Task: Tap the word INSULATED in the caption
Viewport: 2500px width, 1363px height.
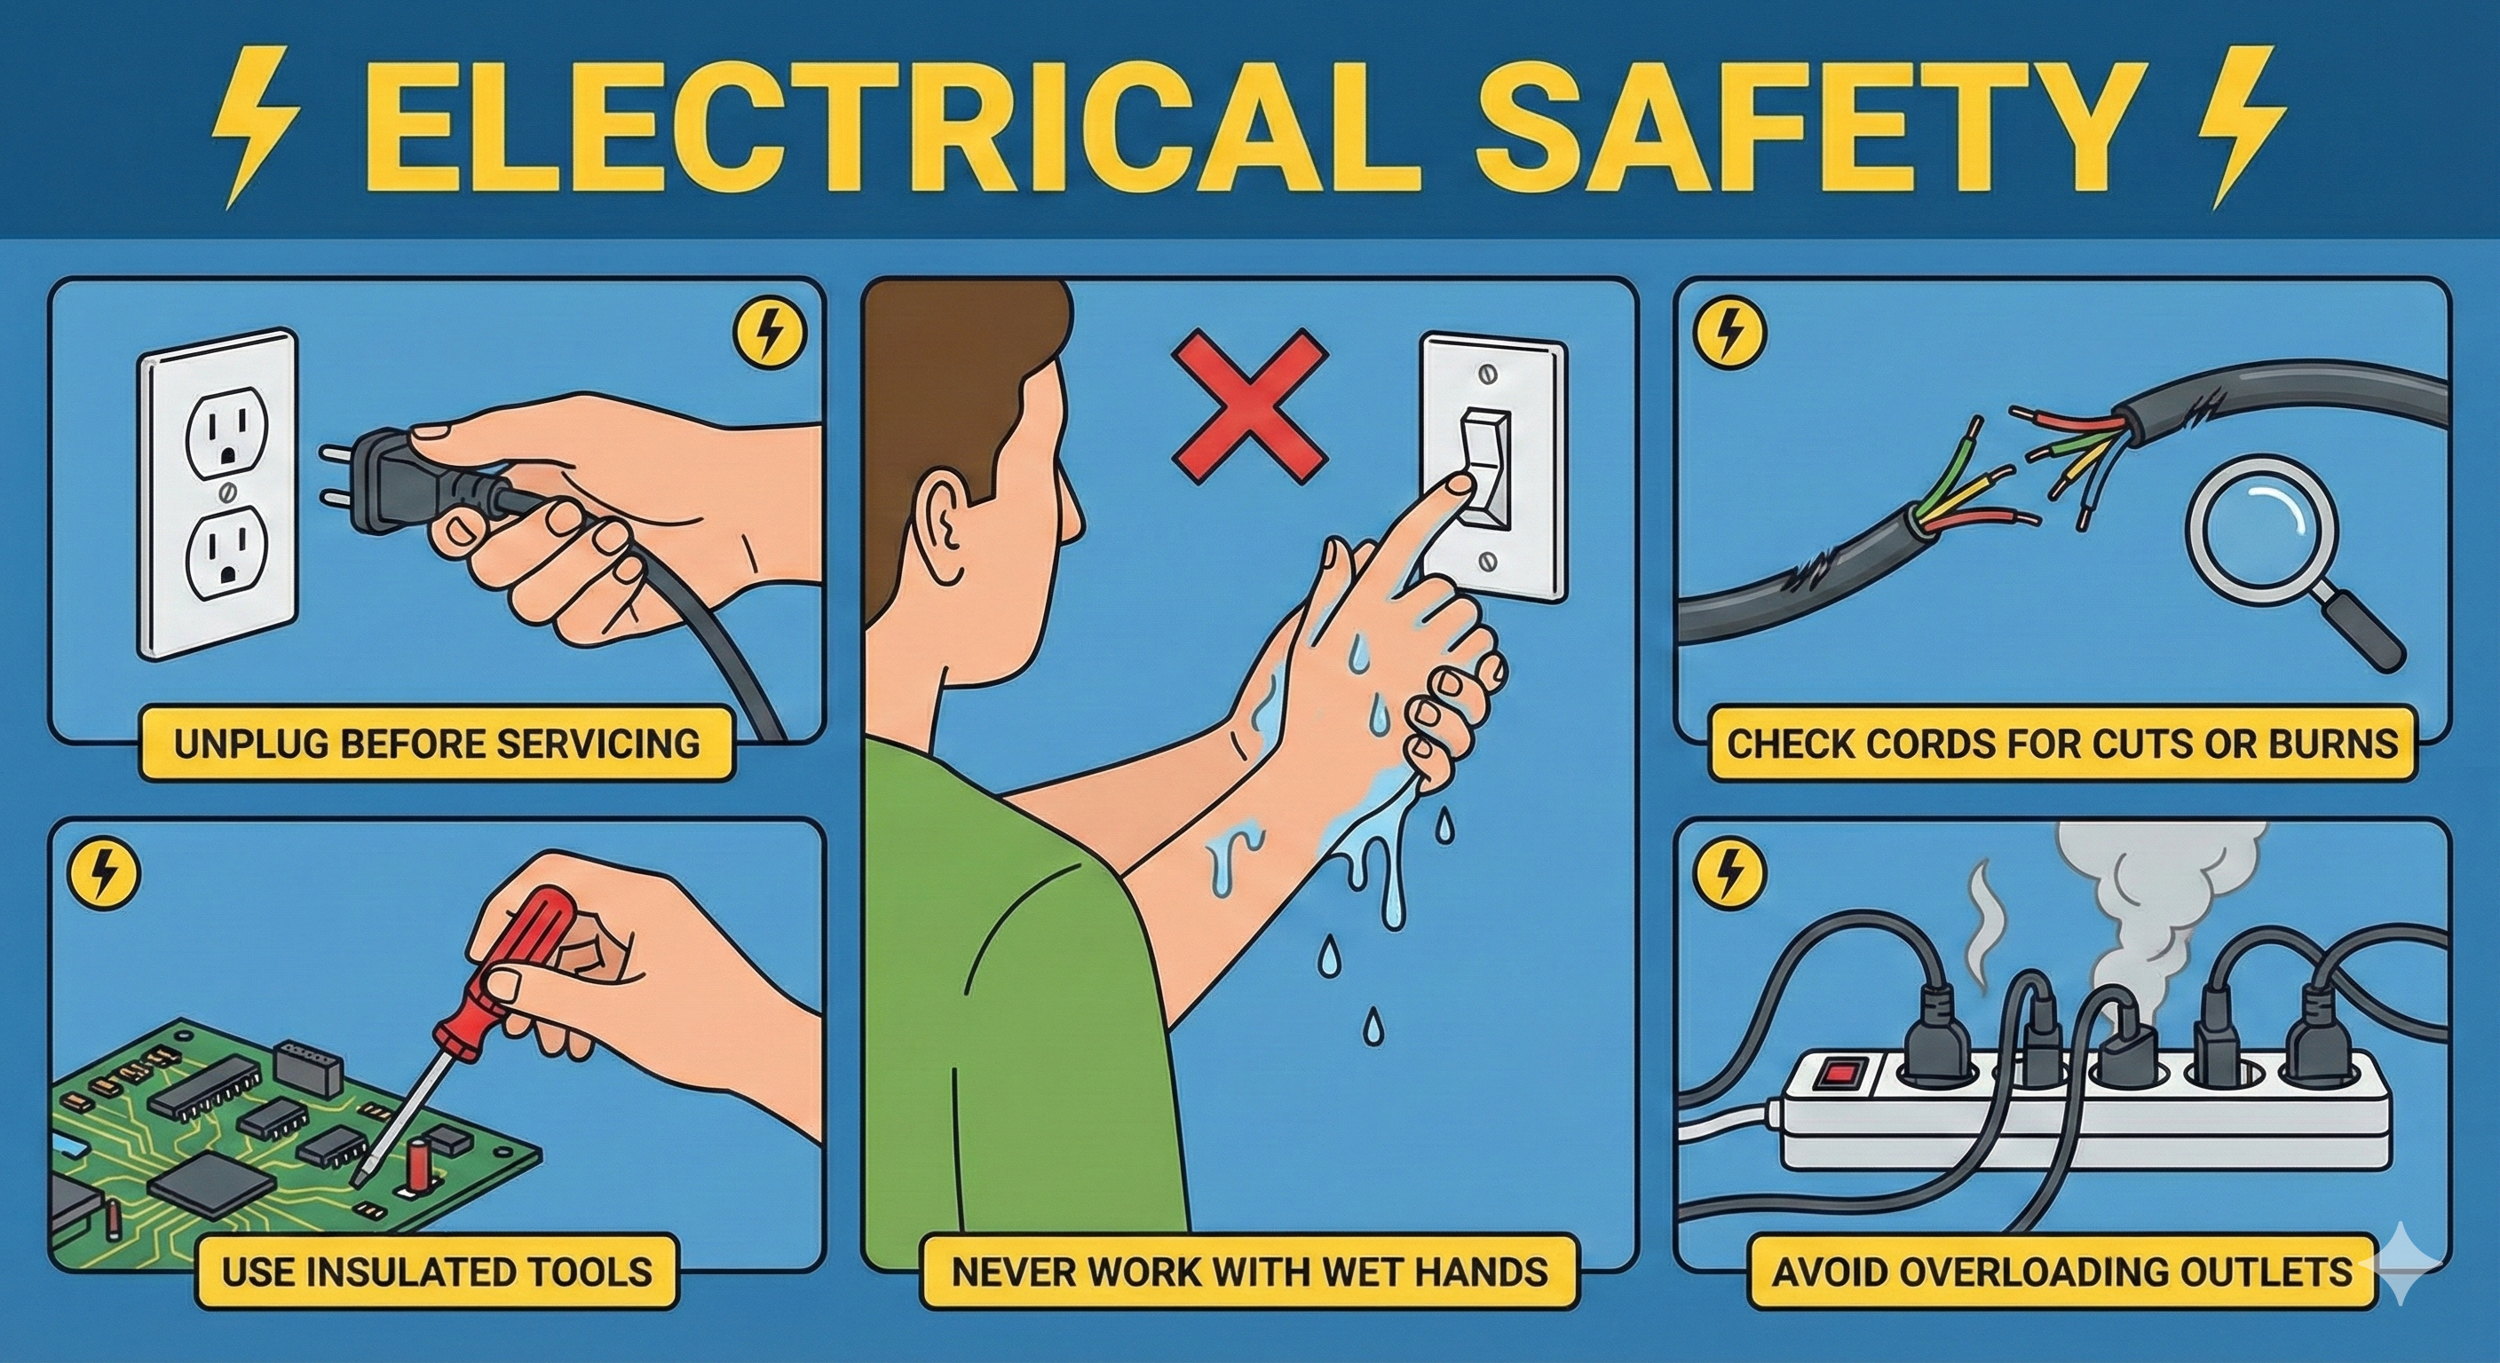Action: coord(392,1271)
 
